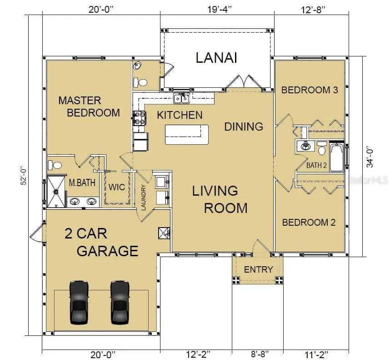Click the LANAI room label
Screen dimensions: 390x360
coord(216,58)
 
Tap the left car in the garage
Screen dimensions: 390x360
coord(79,303)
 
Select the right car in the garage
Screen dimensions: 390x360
coord(120,303)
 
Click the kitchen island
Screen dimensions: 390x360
coord(187,134)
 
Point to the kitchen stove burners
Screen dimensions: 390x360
coord(140,118)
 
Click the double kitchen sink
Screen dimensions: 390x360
coord(181,98)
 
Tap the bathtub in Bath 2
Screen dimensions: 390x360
coord(336,157)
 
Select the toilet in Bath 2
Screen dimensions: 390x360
coord(322,148)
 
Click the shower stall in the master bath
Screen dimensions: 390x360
coord(56,192)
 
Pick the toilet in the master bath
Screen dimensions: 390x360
coord(55,165)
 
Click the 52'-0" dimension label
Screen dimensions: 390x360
coord(23,175)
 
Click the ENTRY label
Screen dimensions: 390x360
coord(259,269)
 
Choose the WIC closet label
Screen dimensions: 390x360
coord(117,187)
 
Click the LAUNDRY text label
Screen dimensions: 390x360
coord(143,198)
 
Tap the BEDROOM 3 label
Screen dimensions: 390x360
coord(310,90)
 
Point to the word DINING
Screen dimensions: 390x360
coord(244,127)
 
